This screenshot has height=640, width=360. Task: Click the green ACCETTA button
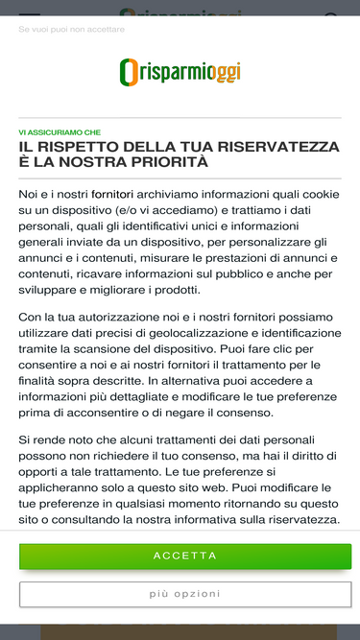click(184, 556)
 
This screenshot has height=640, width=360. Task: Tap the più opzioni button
click(184, 594)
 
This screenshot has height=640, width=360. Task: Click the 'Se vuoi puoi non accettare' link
click(71, 30)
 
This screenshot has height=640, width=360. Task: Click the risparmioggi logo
click(180, 72)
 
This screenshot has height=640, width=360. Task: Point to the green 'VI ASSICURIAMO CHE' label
click(60, 132)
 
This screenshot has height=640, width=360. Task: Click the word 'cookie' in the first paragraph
click(321, 194)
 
